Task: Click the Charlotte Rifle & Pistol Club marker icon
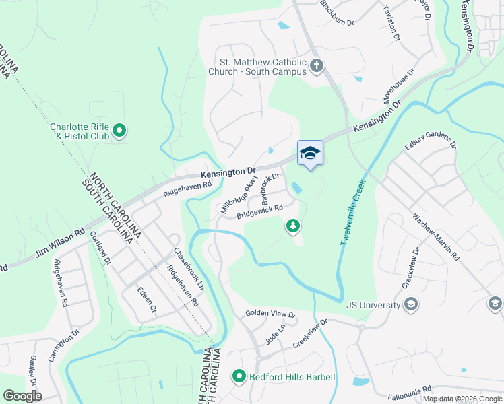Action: pyautogui.click(x=119, y=130)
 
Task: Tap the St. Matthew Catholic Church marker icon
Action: pyautogui.click(x=317, y=65)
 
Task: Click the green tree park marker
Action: pyautogui.click(x=293, y=226)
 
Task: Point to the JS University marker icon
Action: pyautogui.click(x=410, y=305)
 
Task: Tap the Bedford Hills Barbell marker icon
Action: pyautogui.click(x=238, y=376)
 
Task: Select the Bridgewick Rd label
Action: pyautogui.click(x=259, y=213)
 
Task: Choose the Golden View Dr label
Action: pyautogui.click(x=270, y=314)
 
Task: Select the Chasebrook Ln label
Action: pyautogui.click(x=189, y=269)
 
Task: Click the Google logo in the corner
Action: pyautogui.click(x=22, y=396)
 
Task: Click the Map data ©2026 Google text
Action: pyautogui.click(x=462, y=399)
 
